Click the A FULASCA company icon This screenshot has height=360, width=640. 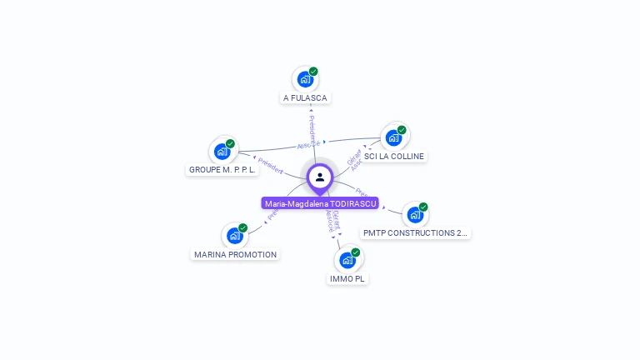[x=305, y=80]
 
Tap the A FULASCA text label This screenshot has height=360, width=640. [x=305, y=98]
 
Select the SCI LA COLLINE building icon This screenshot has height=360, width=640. [x=393, y=137]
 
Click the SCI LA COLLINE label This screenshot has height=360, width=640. [x=394, y=157]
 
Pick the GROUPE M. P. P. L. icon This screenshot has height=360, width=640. [x=222, y=151]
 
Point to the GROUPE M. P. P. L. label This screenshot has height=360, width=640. [x=222, y=170]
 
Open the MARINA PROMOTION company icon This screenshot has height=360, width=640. [x=235, y=236]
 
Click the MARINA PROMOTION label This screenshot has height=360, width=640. [x=235, y=255]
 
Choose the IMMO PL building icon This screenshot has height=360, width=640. [x=347, y=260]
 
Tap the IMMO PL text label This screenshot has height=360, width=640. [x=347, y=278]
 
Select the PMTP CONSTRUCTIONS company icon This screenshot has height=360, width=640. [x=415, y=215]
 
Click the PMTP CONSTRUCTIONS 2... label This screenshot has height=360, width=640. [x=416, y=233]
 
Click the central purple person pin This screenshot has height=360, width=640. [x=320, y=177]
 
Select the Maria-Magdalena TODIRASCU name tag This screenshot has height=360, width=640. [x=320, y=203]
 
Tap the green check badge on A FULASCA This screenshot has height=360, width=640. [x=313, y=72]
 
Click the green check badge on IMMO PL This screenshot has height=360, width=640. [x=356, y=252]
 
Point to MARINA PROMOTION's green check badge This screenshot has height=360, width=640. [x=243, y=227]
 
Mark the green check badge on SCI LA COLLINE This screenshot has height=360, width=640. [x=402, y=130]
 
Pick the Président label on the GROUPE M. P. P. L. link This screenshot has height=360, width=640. [x=269, y=165]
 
